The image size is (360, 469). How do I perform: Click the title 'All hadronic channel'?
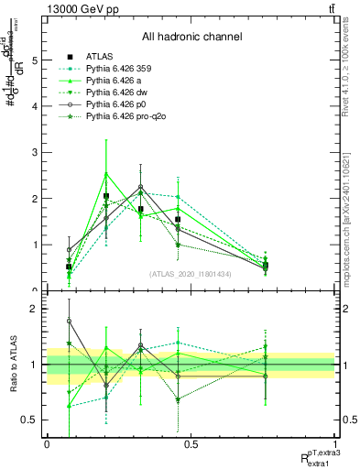(x=191, y=37)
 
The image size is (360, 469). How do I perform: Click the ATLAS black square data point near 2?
(x=106, y=196)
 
